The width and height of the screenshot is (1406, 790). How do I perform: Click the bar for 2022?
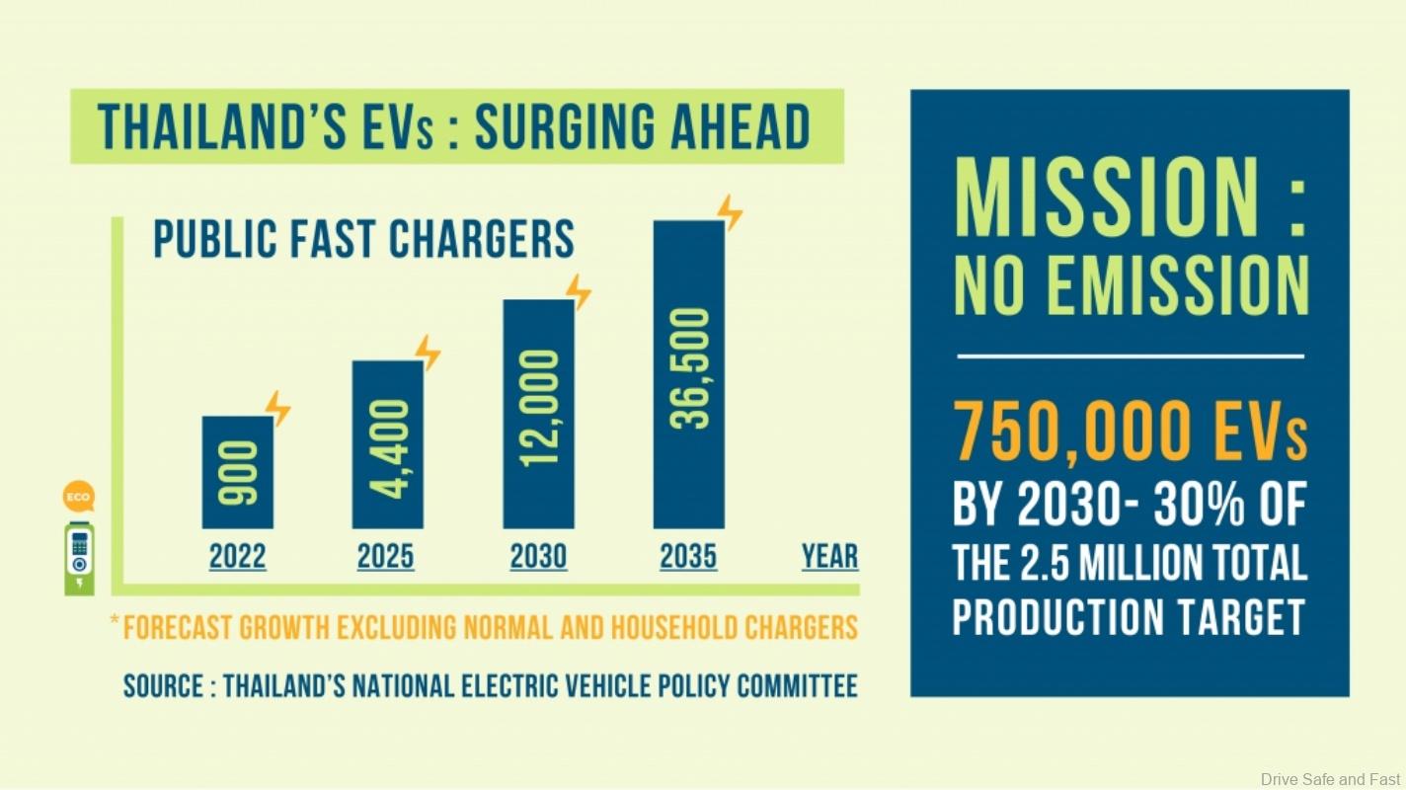coord(237,472)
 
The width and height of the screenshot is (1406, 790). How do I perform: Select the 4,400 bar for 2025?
coord(388,444)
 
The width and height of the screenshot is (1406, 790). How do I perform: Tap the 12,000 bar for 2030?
coord(538,414)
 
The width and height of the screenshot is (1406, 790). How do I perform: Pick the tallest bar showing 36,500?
coord(688,374)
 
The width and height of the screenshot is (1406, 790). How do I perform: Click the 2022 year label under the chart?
coord(237,557)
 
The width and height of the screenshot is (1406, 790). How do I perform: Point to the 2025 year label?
coord(386,557)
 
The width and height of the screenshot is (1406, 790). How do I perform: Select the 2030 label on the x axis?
coord(538,557)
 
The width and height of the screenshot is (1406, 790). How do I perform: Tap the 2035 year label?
coord(688,557)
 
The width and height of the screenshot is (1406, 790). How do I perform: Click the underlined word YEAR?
coord(829,557)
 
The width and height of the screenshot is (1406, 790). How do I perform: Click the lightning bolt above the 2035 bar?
coord(730,212)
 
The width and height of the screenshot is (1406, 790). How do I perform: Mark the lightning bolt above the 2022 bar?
coord(278,408)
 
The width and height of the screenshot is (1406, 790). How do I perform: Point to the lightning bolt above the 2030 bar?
coord(579,292)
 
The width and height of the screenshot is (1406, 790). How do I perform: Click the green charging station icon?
coord(79,558)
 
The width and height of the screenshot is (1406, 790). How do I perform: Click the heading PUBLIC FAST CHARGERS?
coord(363,240)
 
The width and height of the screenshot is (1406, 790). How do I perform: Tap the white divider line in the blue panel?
coord(1130,355)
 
